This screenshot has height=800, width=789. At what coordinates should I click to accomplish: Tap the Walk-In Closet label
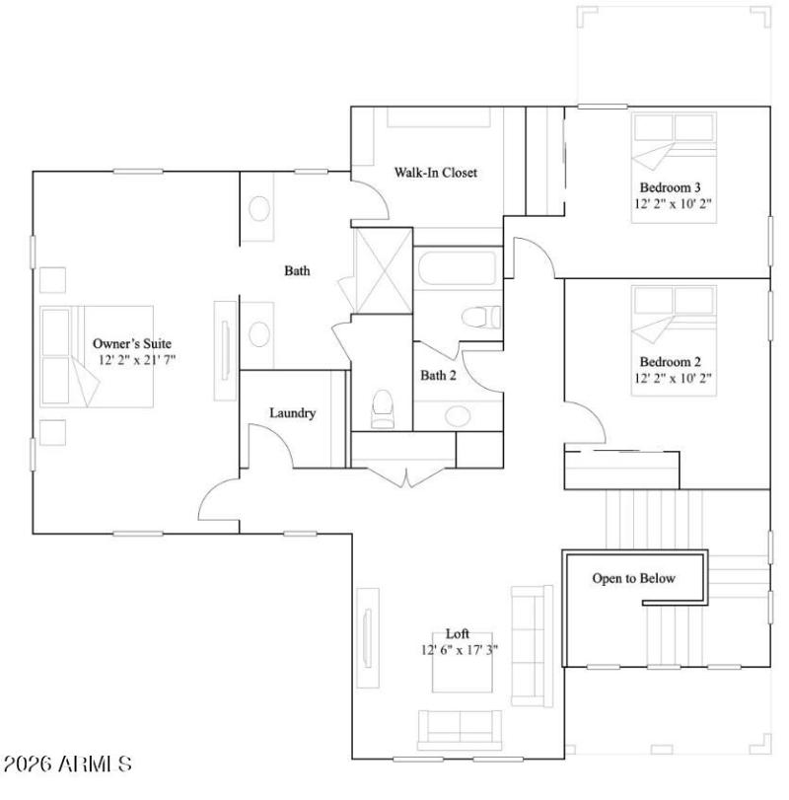pyautogui.click(x=436, y=173)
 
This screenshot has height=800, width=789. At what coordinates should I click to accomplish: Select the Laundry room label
pyautogui.click(x=293, y=413)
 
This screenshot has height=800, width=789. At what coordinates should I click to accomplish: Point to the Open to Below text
pyautogui.click(x=633, y=578)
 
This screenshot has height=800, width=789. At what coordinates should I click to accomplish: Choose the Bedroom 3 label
pyautogui.click(x=670, y=187)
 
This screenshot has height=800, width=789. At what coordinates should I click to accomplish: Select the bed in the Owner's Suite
pyautogui.click(x=96, y=356)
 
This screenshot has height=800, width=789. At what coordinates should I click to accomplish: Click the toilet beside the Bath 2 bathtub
pyautogui.click(x=481, y=318)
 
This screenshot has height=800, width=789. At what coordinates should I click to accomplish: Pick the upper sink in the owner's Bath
pyautogui.click(x=260, y=209)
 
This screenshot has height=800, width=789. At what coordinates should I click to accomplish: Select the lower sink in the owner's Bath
pyautogui.click(x=260, y=332)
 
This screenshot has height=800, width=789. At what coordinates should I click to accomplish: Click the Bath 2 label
pyautogui.click(x=438, y=376)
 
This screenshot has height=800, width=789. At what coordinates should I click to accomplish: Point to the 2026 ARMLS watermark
pyautogui.click(x=67, y=764)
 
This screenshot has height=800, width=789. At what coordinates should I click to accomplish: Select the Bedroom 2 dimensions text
pyautogui.click(x=673, y=378)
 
